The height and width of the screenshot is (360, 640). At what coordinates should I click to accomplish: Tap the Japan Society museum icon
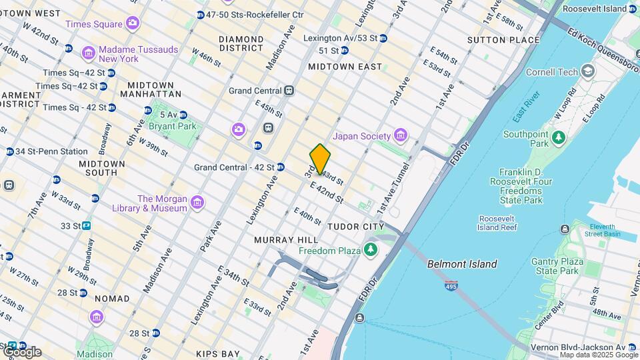click(x=401, y=136)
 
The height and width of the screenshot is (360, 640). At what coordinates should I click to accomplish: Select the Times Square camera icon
click(x=133, y=24)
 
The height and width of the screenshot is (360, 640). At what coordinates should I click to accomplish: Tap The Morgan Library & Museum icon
click(x=197, y=203)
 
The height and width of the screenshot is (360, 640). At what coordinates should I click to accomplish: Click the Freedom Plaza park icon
click(x=371, y=251)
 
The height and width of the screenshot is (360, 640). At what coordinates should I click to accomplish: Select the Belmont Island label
click(x=462, y=264)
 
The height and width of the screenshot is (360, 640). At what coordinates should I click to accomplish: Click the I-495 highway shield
click(x=451, y=284)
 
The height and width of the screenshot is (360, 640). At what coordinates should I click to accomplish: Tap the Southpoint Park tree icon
click(x=559, y=138)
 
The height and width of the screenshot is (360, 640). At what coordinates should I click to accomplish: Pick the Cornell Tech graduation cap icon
click(x=587, y=71)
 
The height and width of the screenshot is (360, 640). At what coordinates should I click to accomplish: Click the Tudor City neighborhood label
click(x=355, y=227)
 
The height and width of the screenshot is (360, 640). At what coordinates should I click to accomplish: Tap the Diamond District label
click(x=241, y=43)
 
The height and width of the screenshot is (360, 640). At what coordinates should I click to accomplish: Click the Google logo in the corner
click(x=21, y=351)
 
